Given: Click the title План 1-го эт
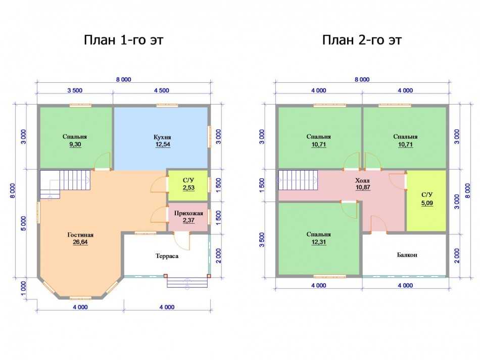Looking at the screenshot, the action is (x=124, y=40).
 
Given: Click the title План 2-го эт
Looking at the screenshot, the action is (x=362, y=40).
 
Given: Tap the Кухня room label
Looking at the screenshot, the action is (x=162, y=137).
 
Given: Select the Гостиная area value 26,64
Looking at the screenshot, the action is (x=80, y=242).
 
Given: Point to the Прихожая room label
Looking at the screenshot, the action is (x=188, y=213).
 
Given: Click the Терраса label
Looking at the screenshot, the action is (x=167, y=256).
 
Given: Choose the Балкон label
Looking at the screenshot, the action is (x=407, y=255).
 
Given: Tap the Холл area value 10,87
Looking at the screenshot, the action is (x=363, y=187).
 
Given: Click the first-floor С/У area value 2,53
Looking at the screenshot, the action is (x=188, y=188).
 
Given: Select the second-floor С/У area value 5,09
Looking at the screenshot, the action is (x=427, y=203).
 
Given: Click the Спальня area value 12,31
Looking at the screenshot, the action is (x=319, y=242).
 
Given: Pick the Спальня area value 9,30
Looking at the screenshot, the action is (x=75, y=144).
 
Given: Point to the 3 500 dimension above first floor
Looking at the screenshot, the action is (x=75, y=90).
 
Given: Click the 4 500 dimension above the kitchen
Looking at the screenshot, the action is (x=162, y=90).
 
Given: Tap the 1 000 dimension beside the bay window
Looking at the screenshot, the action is (x=24, y=289).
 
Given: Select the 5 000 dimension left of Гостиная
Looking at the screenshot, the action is (x=24, y=224).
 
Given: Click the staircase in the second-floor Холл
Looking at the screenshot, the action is (x=298, y=180).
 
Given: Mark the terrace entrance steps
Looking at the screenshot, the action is (x=187, y=282).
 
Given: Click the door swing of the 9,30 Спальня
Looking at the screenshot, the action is (x=102, y=161).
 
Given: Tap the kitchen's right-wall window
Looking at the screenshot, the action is (x=210, y=136).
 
